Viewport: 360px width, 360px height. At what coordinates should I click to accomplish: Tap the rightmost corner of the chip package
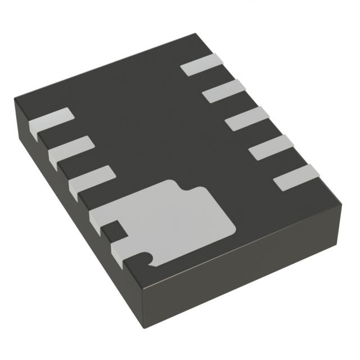(341, 204)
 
